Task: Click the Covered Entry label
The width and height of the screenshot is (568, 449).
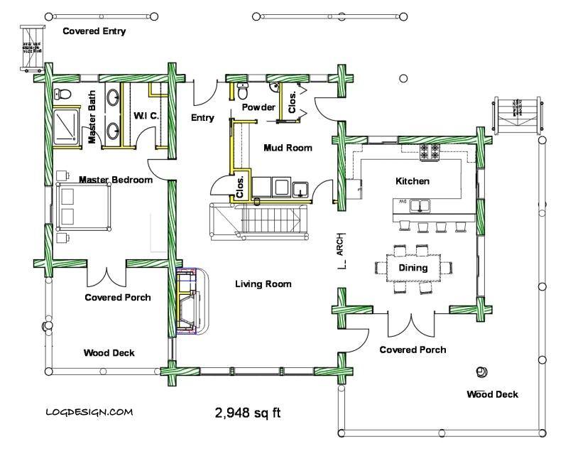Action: pos(94,31)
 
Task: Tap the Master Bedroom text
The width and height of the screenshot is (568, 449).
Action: pos(115,180)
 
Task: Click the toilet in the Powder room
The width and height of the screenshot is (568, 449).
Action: pos(243,92)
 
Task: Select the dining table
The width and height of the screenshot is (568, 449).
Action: pos(413,268)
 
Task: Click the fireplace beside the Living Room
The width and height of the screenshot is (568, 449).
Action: pos(190,301)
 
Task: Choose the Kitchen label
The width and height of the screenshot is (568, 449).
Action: pos(413,181)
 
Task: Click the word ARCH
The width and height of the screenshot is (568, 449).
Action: pos(341,244)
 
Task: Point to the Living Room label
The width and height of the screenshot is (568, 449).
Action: pos(263,284)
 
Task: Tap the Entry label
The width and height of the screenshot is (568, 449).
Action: pos(202,118)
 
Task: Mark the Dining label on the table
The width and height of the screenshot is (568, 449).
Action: pos(413,268)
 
